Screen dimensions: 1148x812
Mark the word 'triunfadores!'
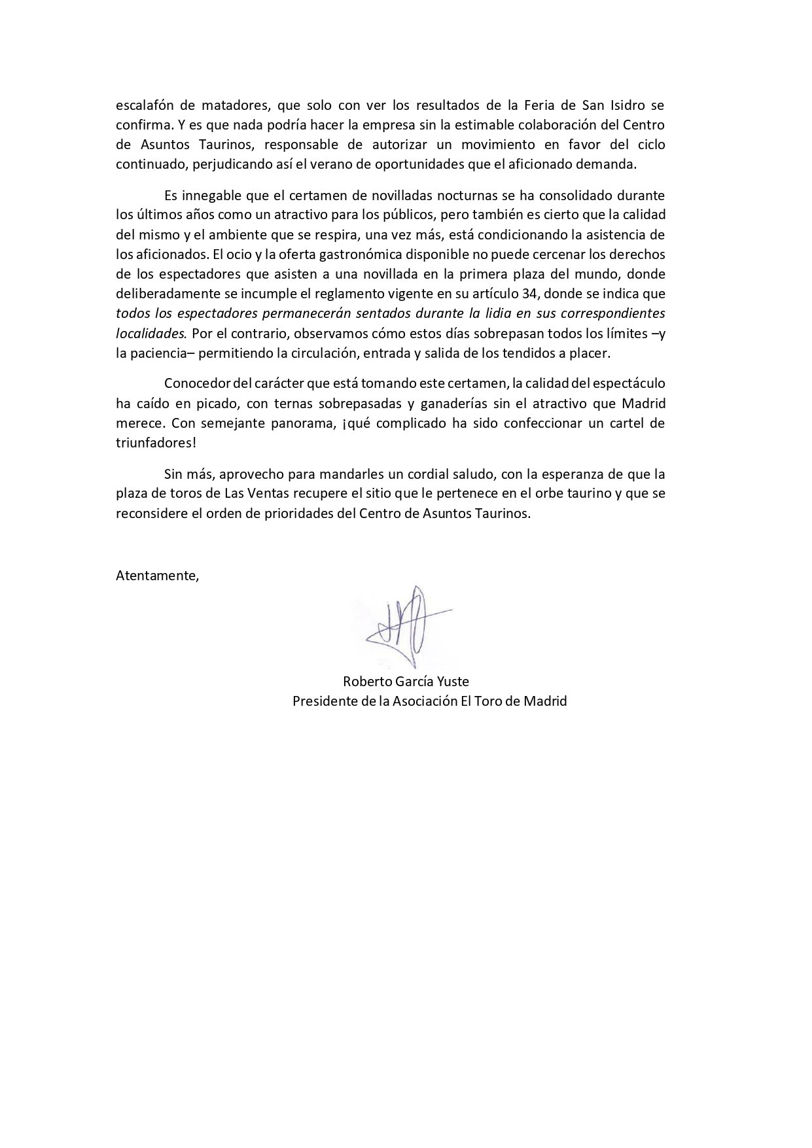tap(156, 443)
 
